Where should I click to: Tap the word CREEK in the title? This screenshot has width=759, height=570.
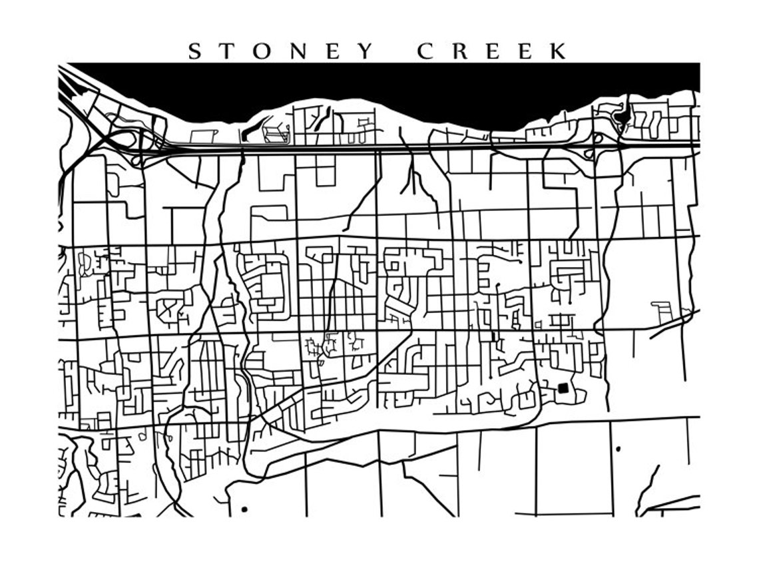click(x=493, y=51)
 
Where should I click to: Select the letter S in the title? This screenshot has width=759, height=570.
click(x=194, y=51)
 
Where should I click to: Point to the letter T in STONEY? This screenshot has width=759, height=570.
click(x=227, y=51)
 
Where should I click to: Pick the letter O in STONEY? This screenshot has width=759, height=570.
click(x=263, y=51)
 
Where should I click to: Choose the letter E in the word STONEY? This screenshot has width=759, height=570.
click(x=334, y=51)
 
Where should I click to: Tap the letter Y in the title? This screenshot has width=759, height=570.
click(x=365, y=51)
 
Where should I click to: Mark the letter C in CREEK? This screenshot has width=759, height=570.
click(x=425, y=51)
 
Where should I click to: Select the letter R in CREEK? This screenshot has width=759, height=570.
click(x=459, y=51)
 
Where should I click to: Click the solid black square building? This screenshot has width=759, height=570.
click(x=563, y=388)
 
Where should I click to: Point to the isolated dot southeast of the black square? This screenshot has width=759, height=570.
click(x=618, y=449)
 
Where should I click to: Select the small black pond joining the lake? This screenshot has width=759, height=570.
click(x=623, y=117)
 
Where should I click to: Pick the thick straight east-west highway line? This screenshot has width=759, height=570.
click(x=399, y=146)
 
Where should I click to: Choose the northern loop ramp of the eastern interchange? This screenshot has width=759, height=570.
click(x=597, y=139)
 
